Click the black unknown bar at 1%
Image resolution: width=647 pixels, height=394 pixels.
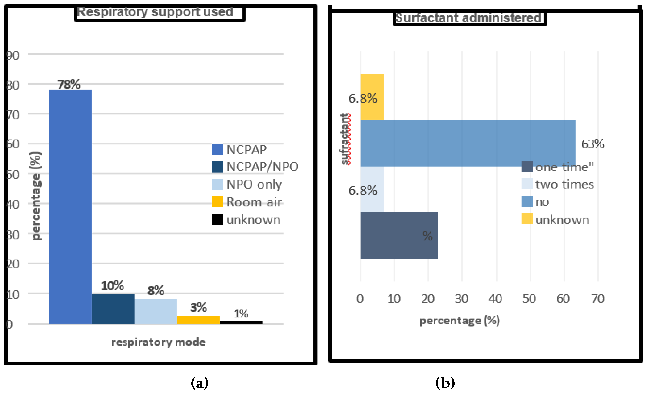click(241, 322)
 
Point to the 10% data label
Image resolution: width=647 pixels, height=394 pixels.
click(112, 286)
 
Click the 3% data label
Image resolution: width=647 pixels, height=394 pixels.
click(199, 307)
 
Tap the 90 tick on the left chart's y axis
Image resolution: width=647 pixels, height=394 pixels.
click(13, 55)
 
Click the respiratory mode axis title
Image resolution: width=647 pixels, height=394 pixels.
click(158, 342)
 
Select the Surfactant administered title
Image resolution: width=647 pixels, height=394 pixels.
click(468, 18)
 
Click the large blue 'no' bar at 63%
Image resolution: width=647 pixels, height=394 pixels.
click(467, 143)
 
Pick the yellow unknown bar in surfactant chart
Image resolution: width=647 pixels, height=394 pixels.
click(372, 97)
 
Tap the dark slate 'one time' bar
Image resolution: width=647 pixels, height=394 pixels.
click(399, 235)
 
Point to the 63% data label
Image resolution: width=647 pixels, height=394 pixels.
click(592, 144)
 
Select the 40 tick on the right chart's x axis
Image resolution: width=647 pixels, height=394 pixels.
click(495, 299)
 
